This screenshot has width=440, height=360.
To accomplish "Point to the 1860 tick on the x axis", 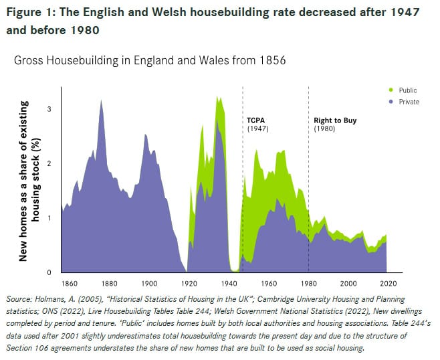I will tap(68, 283).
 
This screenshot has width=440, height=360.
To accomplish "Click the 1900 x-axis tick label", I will tap(148, 283).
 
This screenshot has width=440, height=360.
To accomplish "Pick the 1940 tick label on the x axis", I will tap(229, 283).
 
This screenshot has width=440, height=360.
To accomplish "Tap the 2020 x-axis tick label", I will tap(387, 283).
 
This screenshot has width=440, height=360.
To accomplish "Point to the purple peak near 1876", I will tap(101, 102).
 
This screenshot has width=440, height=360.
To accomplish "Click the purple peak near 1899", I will tap(146, 136).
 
